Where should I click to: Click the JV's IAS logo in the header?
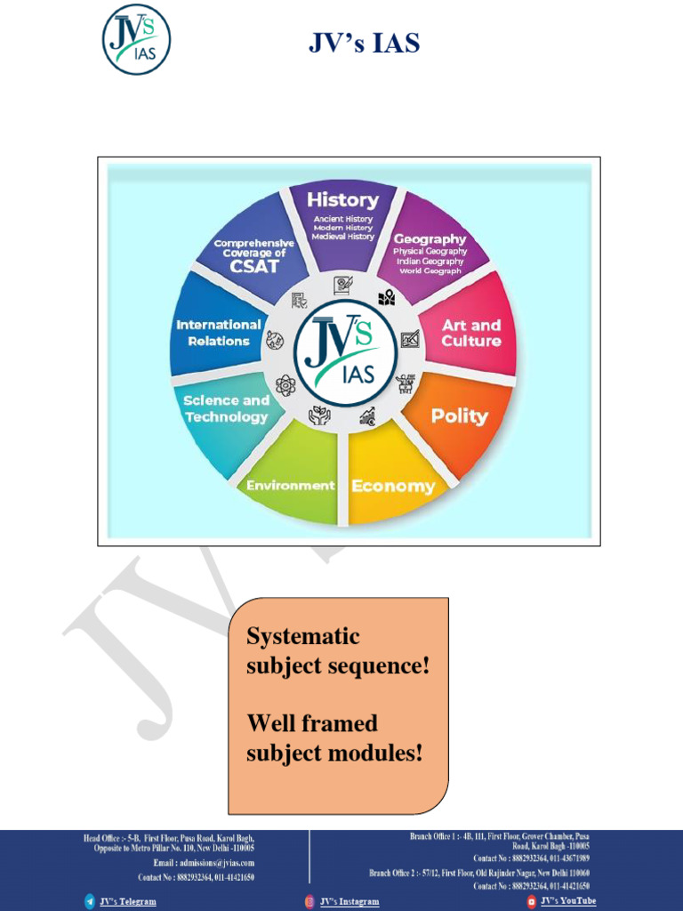[136, 39]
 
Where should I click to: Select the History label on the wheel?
[342, 199]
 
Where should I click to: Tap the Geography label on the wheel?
[430, 239]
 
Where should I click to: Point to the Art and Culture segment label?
[471, 333]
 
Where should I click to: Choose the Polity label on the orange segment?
[459, 415]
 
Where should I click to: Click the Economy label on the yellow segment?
[393, 486]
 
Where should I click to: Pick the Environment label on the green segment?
[290, 485]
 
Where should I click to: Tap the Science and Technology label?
[226, 408]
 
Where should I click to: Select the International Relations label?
[219, 333]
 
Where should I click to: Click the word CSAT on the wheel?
[253, 266]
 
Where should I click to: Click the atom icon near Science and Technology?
[285, 385]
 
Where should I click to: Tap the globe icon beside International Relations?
[275, 340]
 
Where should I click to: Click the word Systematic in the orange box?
[303, 636]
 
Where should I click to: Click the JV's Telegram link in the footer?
[127, 901]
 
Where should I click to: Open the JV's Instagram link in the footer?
[350, 901]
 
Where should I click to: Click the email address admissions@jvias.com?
[204, 862]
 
